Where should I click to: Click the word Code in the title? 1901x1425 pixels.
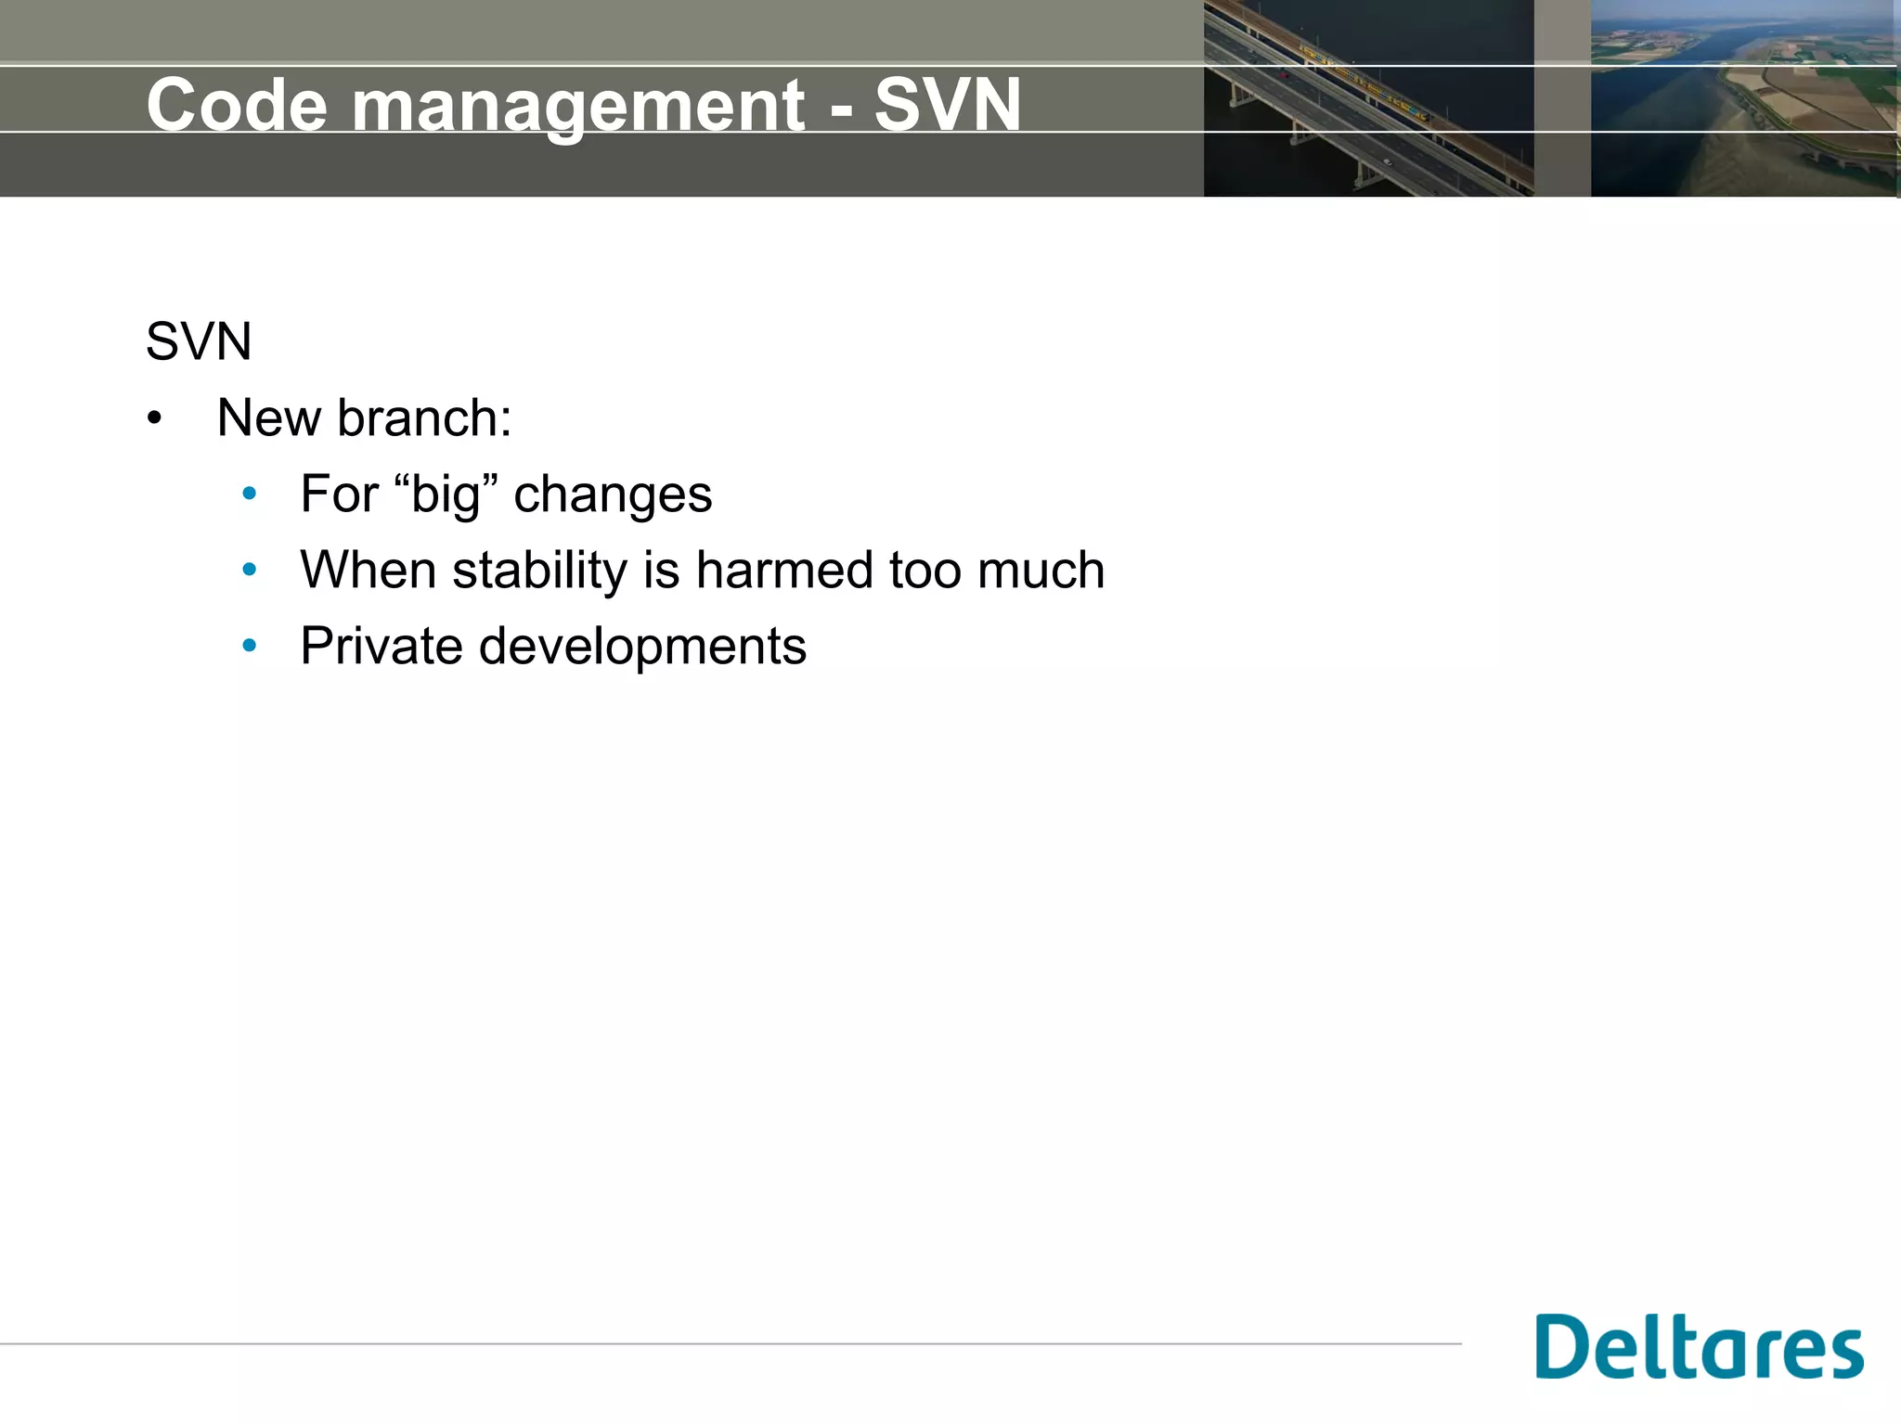pos(237,105)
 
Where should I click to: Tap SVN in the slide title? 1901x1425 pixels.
pos(947,105)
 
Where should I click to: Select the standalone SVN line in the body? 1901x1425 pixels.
pos(199,341)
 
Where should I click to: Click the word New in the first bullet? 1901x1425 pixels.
pos(268,417)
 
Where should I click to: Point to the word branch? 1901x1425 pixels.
pos(424,417)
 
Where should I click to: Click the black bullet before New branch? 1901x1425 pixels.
pos(154,419)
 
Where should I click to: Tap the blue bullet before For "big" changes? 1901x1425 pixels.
pos(249,494)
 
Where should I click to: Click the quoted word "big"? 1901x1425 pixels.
pos(446,494)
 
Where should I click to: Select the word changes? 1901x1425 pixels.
pos(613,494)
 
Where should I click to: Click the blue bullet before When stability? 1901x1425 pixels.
pos(249,571)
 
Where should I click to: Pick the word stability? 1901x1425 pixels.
pos(540,571)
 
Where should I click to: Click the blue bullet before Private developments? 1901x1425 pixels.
pos(249,647)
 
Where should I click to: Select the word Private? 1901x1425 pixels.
pos(381,646)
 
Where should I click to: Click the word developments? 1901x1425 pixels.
pos(642,648)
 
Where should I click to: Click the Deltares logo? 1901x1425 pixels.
pos(1699,1347)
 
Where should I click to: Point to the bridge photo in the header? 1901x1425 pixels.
pos(1368,98)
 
